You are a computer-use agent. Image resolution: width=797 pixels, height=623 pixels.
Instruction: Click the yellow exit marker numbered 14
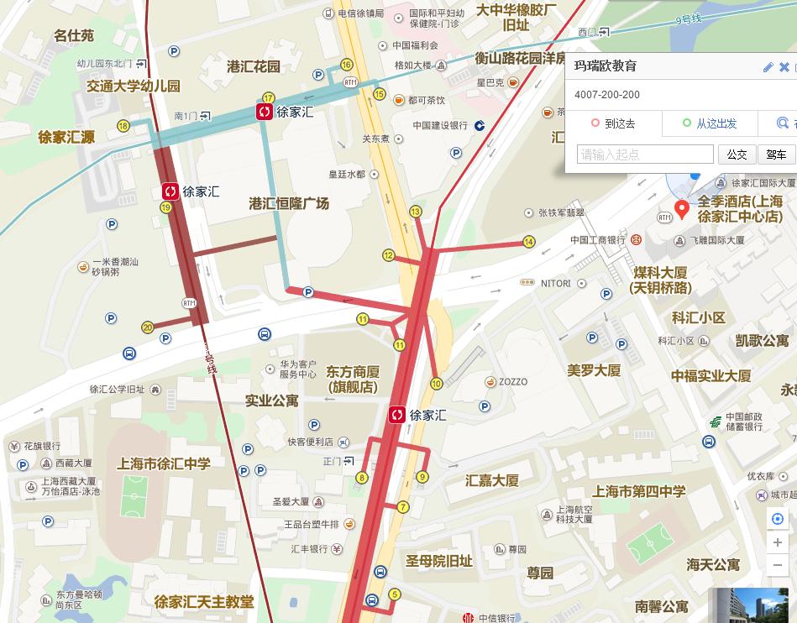528,242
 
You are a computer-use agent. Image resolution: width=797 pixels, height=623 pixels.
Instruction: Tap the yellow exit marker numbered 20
148,327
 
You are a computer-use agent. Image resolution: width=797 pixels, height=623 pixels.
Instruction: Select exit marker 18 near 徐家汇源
123,126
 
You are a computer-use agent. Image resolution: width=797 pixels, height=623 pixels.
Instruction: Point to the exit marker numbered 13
415,211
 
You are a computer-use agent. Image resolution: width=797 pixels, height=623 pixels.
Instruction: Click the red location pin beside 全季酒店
682,209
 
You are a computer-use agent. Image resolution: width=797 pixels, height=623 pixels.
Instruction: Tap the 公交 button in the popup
737,154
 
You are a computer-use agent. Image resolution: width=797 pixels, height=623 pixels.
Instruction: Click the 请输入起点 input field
645,154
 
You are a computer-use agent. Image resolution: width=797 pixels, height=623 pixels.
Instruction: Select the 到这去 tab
613,123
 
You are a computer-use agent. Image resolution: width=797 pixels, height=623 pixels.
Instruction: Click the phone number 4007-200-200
607,95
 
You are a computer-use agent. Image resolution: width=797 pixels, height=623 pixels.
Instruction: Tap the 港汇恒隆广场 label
289,204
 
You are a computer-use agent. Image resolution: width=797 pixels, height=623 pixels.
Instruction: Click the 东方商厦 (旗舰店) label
353,379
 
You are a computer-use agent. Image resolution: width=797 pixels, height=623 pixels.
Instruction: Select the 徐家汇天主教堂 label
204,602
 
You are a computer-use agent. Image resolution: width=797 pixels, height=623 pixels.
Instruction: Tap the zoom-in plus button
778,542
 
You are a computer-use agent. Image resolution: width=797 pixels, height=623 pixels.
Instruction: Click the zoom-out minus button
778,565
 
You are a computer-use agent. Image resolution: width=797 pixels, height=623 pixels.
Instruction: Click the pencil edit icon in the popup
768,67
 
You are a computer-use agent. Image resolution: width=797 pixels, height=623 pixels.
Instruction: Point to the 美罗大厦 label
594,370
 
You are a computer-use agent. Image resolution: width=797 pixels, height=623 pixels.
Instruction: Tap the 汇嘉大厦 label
492,481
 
